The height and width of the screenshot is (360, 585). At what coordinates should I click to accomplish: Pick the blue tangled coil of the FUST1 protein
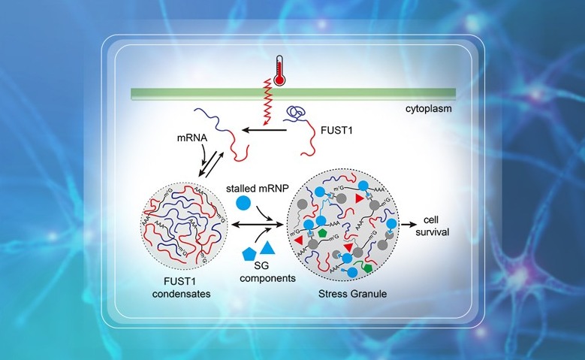[294, 116]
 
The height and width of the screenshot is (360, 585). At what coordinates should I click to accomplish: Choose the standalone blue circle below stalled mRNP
[244, 202]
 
